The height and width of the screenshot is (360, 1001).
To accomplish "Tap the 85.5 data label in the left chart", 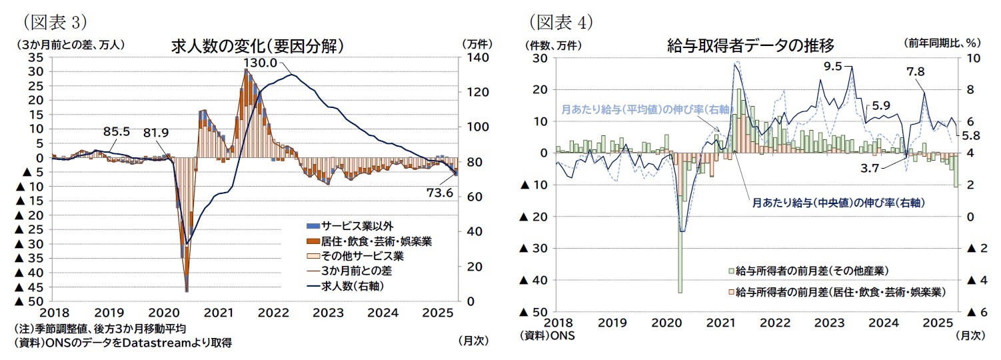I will point(117,131).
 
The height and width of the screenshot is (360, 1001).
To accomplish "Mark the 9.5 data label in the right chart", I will point(833,66).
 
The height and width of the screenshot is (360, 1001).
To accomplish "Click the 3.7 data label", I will point(870,168).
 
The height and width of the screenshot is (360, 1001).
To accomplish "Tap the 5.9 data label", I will point(881,105).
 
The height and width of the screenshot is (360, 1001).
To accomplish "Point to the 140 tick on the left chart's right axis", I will point(472,58).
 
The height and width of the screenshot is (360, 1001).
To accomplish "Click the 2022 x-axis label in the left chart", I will point(273,311).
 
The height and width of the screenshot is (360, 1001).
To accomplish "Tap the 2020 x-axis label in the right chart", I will point(668,323).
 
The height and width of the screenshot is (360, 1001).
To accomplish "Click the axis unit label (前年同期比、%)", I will point(942,43).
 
